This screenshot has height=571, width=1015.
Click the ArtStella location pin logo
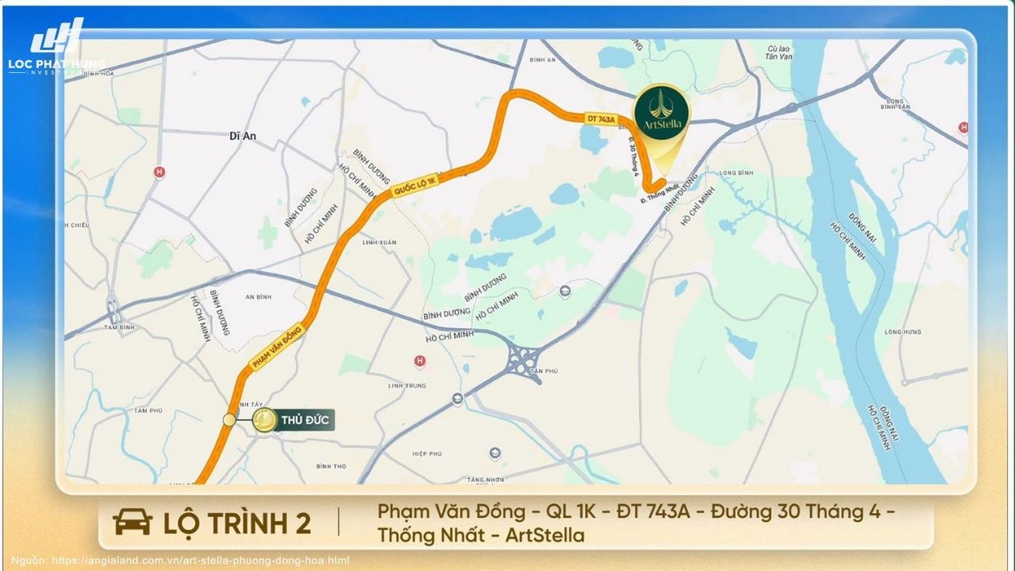coord(662,113)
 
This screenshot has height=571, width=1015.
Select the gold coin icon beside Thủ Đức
coord(265,420)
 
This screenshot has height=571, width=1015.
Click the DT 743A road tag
coord(601,118)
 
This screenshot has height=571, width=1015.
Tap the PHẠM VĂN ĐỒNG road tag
coord(276,349)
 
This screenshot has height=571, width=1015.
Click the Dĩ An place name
coord(243,136)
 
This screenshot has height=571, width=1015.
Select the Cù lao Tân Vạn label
coord(779,53)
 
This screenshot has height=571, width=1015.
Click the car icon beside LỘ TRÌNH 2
coord(133,522)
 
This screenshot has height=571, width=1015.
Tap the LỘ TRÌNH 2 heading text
coord(237,522)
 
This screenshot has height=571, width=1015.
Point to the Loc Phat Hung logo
coord(57,47)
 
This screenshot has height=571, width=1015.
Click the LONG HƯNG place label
coord(903,332)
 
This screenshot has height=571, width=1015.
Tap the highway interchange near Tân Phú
coord(523,357)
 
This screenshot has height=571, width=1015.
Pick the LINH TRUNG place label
coord(407,385)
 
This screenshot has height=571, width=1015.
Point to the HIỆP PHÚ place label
coord(427,454)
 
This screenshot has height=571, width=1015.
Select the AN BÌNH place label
coord(258,297)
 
